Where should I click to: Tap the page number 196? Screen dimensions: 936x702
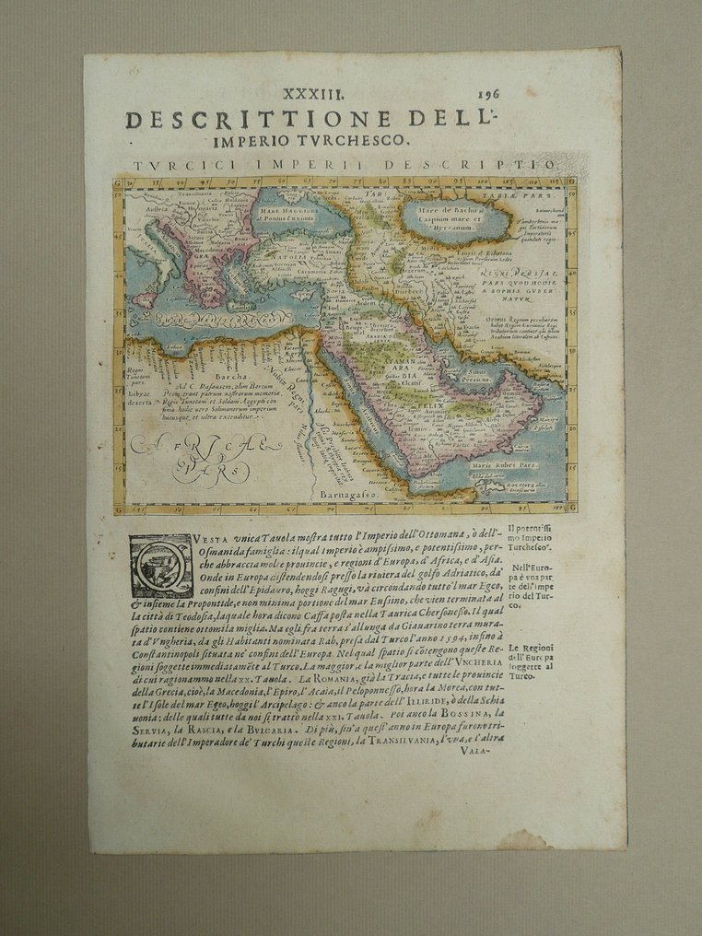coord(491,94)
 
